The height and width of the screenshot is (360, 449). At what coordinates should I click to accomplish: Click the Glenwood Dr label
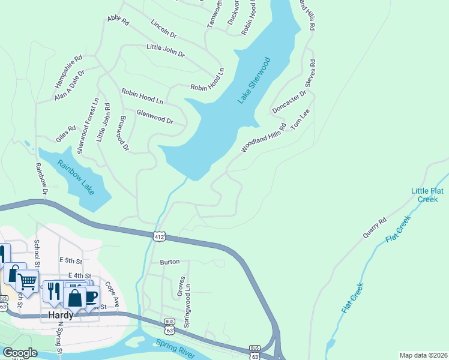[155, 116]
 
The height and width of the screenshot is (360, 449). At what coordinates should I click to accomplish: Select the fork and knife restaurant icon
[53, 291]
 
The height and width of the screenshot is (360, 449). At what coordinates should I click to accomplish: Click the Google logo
[19, 353]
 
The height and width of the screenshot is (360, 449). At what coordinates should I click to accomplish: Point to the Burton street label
[170, 262]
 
